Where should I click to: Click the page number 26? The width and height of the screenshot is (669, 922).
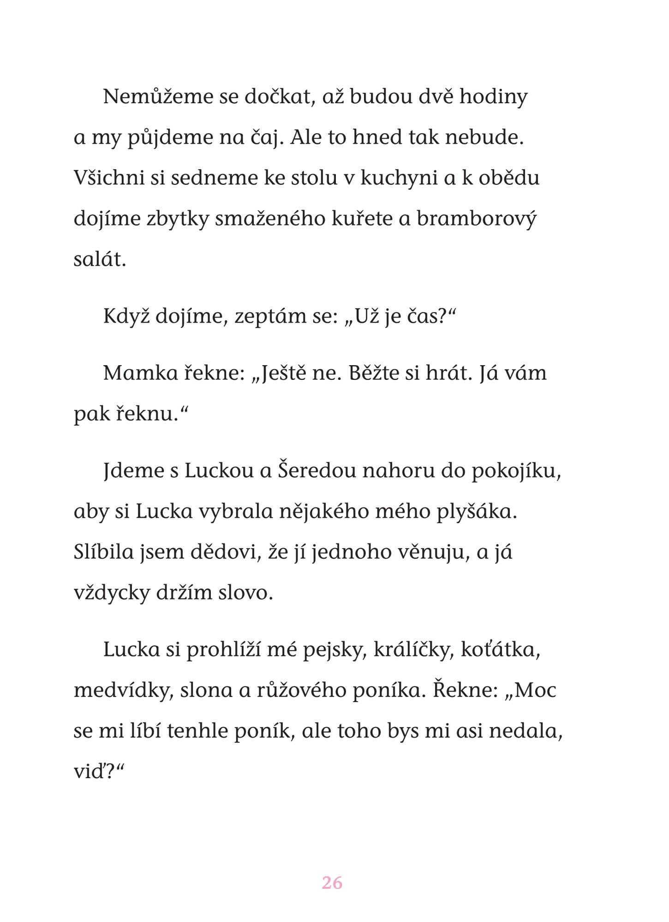click(332, 883)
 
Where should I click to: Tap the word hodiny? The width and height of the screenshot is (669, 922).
click(493, 97)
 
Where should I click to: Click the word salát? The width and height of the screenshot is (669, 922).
click(100, 260)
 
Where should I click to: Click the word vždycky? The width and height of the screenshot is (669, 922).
click(110, 593)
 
